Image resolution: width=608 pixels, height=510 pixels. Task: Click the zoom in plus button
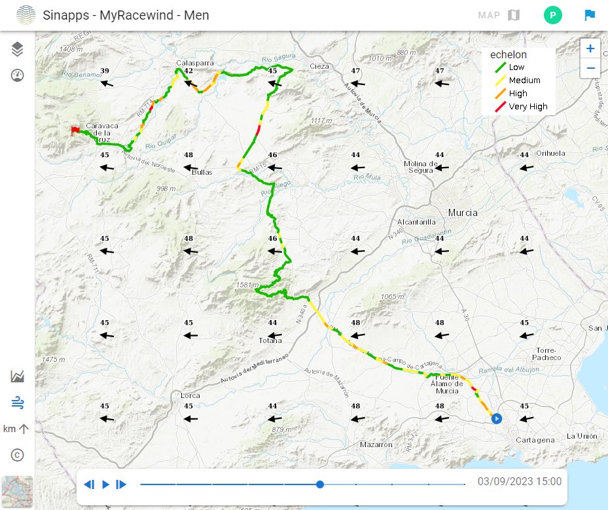(590, 48)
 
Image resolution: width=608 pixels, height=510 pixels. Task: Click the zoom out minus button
(590, 67)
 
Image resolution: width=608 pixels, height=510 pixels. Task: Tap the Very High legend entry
(520, 107)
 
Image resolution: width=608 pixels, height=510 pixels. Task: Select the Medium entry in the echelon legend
(517, 81)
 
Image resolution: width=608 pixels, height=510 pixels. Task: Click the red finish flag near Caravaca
(75, 131)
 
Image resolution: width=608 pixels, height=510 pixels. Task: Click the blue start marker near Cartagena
(496, 418)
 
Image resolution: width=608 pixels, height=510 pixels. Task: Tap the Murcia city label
(463, 213)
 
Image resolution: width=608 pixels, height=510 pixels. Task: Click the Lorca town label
(190, 396)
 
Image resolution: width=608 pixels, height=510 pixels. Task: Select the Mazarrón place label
(376, 445)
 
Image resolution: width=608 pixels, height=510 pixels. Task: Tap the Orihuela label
(549, 153)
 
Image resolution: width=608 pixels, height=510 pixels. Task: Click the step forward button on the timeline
(121, 484)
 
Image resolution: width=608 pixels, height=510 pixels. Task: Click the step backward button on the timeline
(89, 484)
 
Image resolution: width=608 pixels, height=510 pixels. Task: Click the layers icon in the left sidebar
(18, 48)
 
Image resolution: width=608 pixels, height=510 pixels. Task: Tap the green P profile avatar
(552, 15)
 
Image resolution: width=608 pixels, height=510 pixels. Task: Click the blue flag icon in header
(590, 15)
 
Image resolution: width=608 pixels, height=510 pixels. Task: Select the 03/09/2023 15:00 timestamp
(519, 482)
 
